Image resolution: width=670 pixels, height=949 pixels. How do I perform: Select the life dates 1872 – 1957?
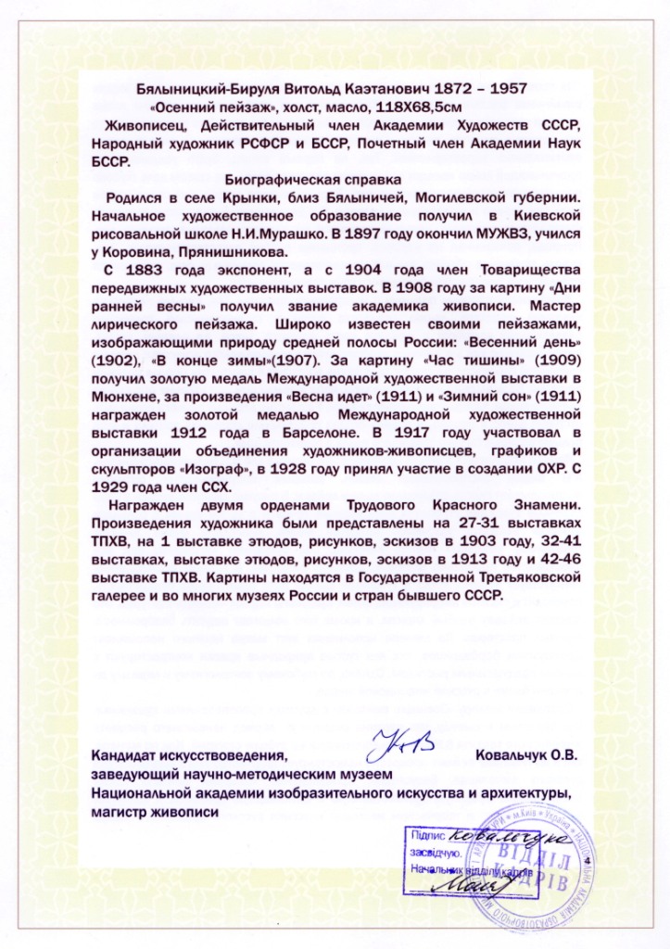pos(479,88)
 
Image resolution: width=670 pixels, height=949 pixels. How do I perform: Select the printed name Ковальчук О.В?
pos(525,756)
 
